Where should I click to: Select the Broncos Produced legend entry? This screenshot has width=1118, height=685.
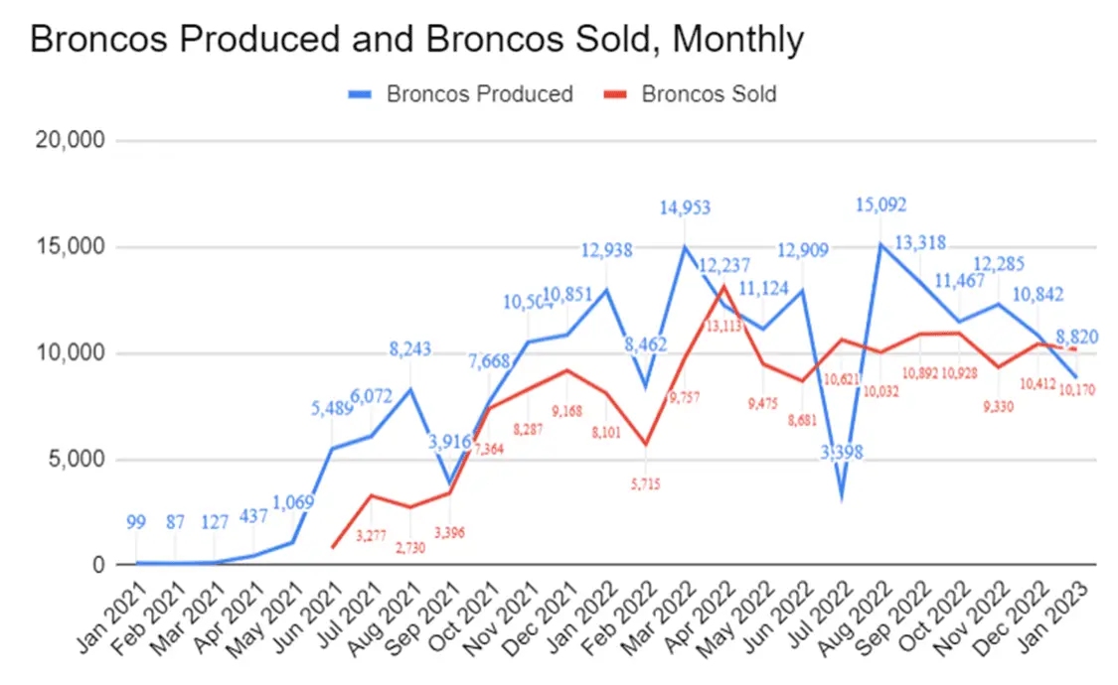[479, 94]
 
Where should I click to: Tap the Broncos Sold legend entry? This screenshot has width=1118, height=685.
[709, 94]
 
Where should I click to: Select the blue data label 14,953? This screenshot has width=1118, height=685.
[686, 208]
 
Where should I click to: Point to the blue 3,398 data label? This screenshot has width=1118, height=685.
[842, 453]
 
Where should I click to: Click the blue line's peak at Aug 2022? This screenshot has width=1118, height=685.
[880, 243]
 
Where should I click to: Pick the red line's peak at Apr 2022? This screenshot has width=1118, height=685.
[724, 286]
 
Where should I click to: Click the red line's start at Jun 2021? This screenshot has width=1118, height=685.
[333, 547]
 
